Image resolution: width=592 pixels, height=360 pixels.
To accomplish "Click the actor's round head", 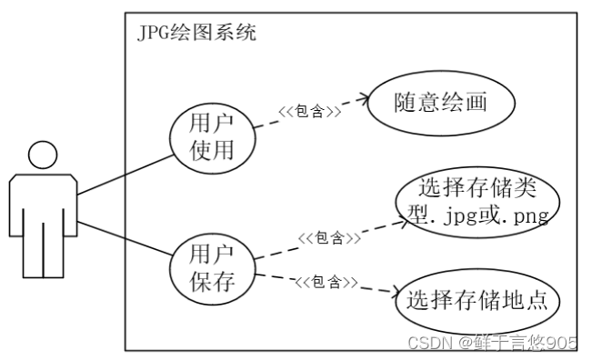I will click(43, 155).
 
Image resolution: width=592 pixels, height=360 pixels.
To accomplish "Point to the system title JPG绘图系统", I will click(196, 34).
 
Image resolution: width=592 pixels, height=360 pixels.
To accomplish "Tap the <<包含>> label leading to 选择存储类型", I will click(328, 238).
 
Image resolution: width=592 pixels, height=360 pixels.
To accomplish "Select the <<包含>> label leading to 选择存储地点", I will click(325, 282).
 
